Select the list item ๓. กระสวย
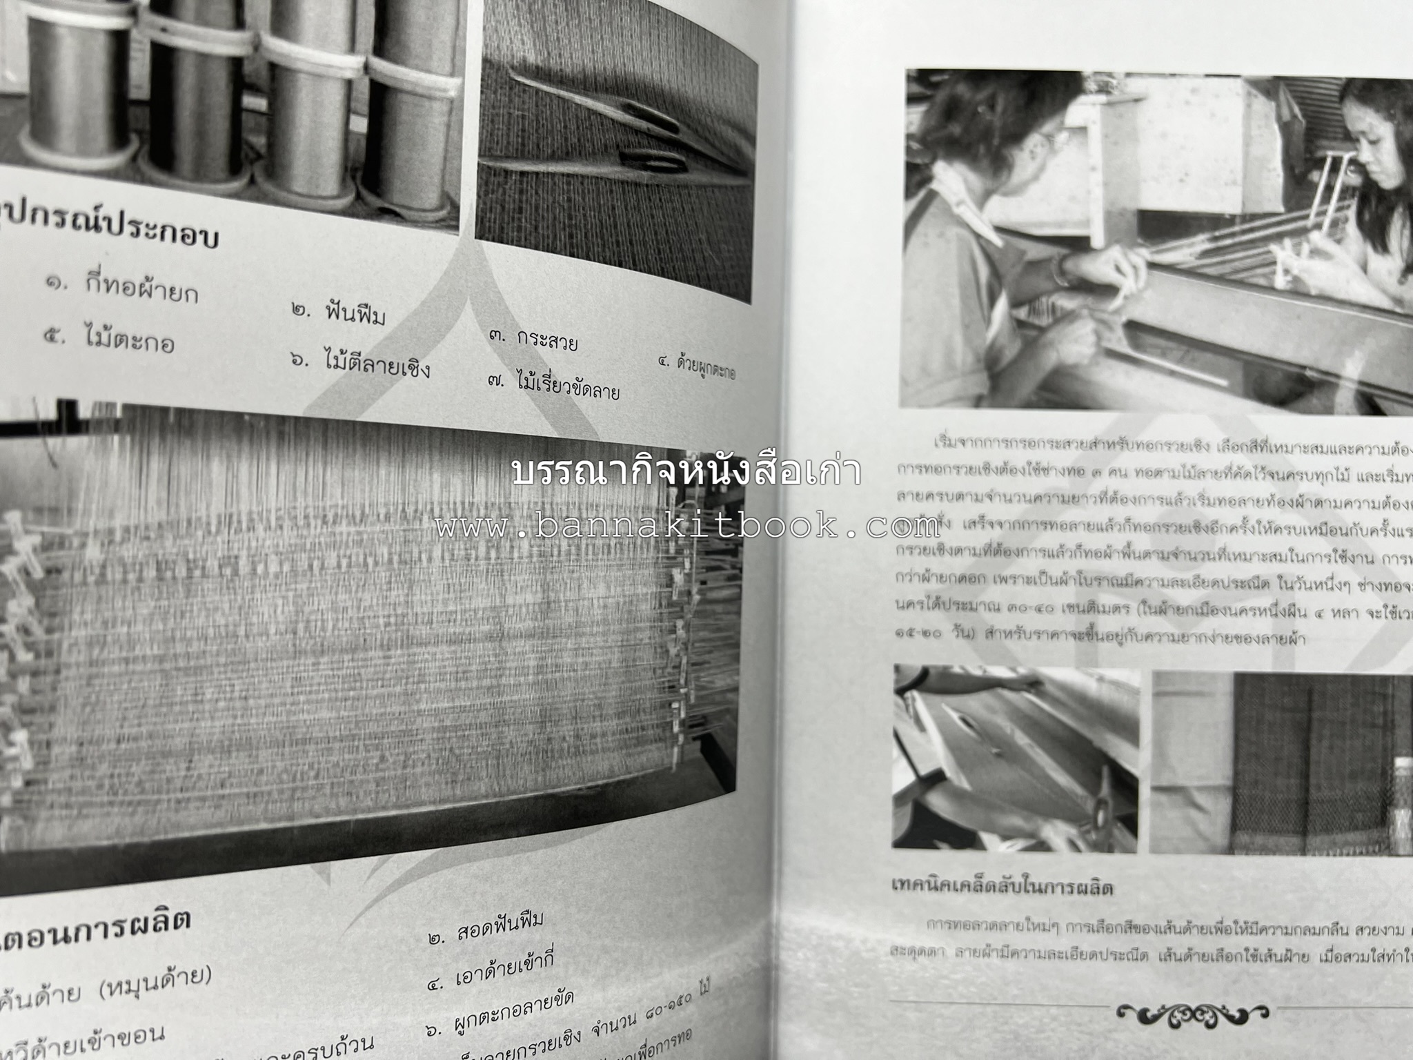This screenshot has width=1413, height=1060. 533,340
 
